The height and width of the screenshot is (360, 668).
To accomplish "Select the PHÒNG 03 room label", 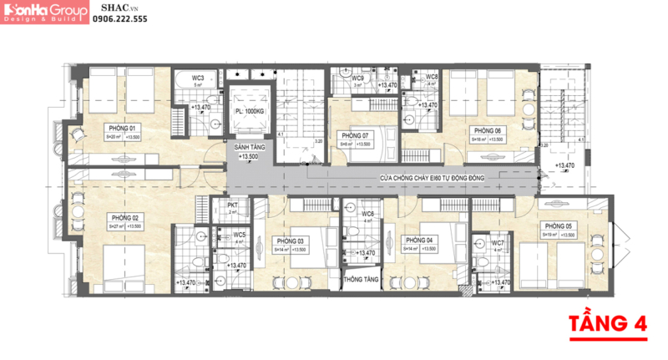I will click(x=290, y=240).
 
